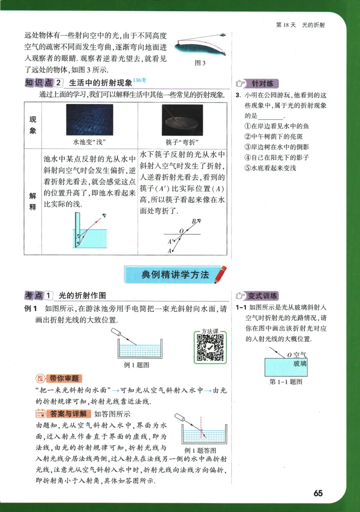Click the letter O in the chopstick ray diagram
coord(181,231)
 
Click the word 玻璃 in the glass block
coord(300,364)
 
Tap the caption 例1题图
coord(136,365)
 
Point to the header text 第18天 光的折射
coord(300,25)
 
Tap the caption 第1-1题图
coord(285,382)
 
